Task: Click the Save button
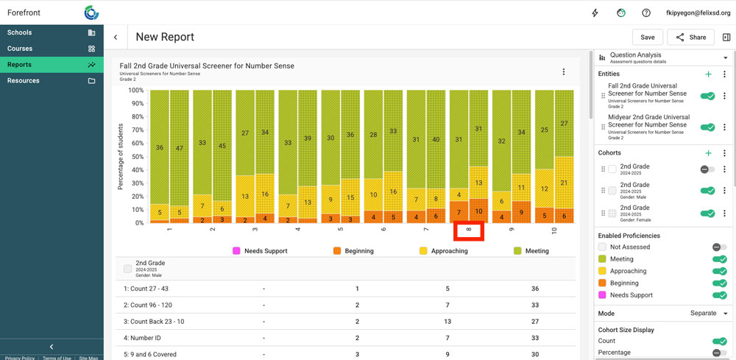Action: tap(647, 38)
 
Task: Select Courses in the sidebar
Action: tap(20, 49)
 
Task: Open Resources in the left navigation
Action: tap(24, 80)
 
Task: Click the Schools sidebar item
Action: tap(19, 32)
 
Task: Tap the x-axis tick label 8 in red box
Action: tap(468, 230)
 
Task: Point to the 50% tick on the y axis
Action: tap(136, 156)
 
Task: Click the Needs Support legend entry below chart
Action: tap(260, 251)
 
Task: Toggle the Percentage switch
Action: tap(719, 353)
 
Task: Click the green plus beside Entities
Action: tap(708, 74)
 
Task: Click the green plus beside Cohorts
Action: tap(708, 153)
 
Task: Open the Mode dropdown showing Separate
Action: tap(708, 313)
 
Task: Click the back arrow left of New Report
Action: tap(116, 38)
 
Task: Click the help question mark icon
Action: tap(646, 13)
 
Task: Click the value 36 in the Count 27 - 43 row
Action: tap(535, 289)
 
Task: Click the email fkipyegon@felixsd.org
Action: tap(698, 13)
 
